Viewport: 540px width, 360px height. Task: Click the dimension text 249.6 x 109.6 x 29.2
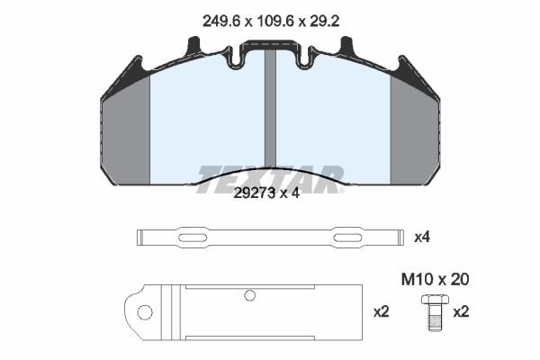271,22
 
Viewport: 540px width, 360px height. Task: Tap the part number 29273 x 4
266,193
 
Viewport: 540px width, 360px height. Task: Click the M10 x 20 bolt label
435,279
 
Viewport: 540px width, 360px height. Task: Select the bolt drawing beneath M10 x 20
435,312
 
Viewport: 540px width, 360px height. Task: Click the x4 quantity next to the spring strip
422,237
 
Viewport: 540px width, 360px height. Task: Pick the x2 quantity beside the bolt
461,311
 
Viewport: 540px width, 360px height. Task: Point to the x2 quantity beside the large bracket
382,311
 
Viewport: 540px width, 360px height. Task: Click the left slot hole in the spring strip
193,238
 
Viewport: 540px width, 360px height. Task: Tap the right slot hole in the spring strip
347,238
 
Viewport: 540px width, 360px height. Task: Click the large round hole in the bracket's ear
145,312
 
